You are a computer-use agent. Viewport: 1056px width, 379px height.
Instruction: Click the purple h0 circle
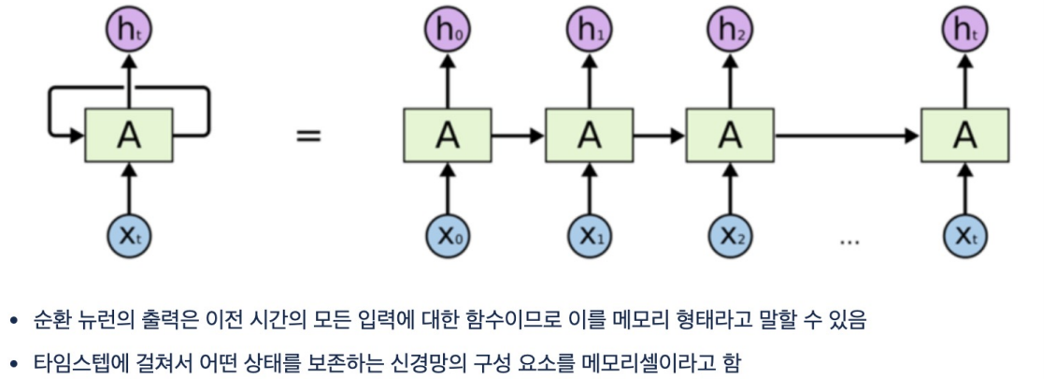[x=449, y=31]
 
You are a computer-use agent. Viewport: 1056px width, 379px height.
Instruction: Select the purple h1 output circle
[x=589, y=31]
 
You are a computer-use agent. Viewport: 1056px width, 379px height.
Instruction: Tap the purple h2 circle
[x=729, y=31]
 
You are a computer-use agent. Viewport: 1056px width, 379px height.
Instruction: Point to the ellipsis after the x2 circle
[x=849, y=241]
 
